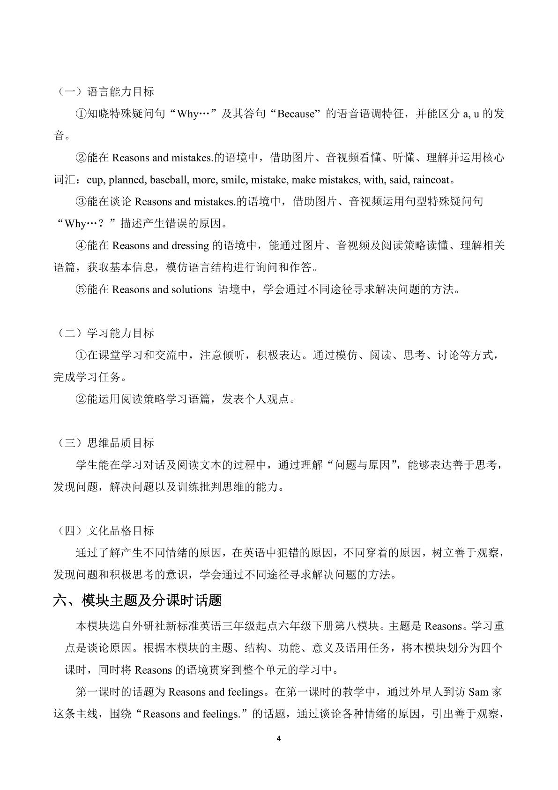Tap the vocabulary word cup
click(95, 180)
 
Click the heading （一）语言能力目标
click(104, 92)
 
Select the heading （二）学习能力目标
click(104, 334)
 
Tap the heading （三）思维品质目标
click(104, 443)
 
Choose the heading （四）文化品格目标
click(104, 531)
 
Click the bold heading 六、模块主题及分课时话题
click(137, 600)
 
